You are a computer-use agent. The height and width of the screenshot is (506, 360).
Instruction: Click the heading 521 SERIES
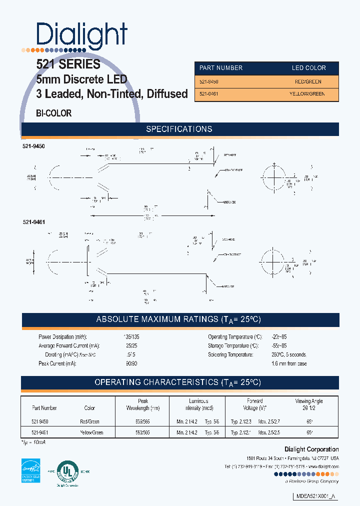point(68,64)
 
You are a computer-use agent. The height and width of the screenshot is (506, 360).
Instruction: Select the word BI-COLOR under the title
point(54,113)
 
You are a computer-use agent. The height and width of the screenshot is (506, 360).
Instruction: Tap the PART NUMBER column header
point(221,68)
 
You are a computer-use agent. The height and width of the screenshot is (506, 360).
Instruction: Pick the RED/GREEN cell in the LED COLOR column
point(308,81)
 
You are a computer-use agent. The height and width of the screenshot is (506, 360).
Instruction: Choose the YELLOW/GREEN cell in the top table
point(306,94)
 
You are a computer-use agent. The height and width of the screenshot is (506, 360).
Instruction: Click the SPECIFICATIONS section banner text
point(179,129)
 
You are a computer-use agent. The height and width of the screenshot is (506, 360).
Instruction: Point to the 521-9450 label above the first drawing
point(33,145)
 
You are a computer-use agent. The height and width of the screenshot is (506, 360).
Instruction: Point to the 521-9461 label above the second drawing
point(33,221)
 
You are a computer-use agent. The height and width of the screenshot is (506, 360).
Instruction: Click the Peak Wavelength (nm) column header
point(143,404)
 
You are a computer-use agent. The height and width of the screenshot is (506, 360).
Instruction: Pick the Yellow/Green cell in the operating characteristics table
point(91,432)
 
